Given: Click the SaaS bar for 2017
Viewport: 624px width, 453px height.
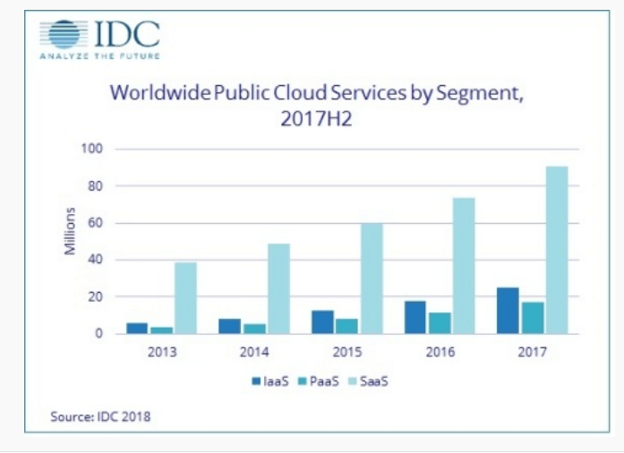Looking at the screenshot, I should [557, 250].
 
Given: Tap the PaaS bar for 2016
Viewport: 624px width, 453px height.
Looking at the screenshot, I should [439, 322].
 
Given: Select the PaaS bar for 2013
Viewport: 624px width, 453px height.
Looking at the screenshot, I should [163, 329].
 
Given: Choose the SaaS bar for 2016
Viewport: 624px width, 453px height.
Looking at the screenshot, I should [463, 266].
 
